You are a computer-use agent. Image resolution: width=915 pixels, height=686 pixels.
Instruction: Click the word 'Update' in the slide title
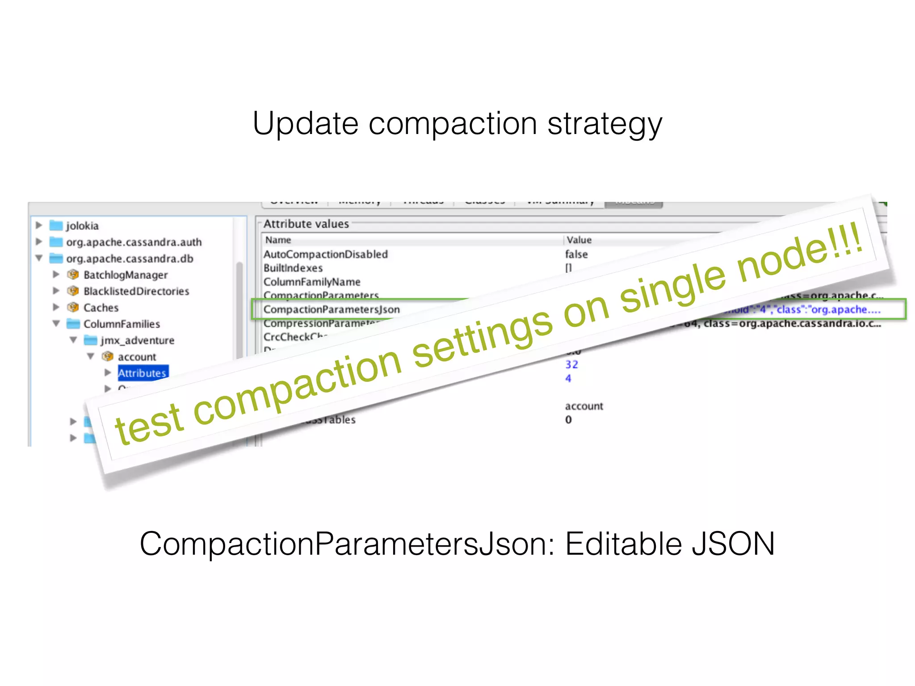305,124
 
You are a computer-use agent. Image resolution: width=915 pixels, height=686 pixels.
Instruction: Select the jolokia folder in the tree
82,226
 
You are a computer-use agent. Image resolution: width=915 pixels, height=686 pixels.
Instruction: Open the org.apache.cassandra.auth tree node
134,242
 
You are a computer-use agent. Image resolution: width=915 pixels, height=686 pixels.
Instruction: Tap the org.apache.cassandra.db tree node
130,259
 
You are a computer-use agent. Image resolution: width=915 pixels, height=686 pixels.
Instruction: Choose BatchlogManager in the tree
126,275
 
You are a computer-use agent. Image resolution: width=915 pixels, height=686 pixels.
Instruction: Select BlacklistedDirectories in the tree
136,291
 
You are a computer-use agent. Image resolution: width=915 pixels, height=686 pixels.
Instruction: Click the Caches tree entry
101,308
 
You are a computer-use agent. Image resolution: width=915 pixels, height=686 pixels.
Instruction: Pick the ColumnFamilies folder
122,324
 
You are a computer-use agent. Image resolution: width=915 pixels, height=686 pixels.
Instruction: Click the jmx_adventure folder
137,340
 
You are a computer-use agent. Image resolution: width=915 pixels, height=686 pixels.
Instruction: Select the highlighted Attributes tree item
143,373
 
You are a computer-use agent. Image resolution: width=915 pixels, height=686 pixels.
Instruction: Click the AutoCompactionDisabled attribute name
325,254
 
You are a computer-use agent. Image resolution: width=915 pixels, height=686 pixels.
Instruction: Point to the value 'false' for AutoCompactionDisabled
576,254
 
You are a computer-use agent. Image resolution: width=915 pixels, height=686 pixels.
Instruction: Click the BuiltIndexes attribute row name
293,268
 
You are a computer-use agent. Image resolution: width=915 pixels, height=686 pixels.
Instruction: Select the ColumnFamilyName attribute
312,282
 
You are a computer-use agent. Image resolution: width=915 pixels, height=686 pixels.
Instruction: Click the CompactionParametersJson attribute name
332,310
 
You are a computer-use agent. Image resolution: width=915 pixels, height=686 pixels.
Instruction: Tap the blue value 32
571,364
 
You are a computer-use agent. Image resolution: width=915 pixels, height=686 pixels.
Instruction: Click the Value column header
579,240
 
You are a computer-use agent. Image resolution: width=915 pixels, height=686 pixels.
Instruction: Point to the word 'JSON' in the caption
733,544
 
